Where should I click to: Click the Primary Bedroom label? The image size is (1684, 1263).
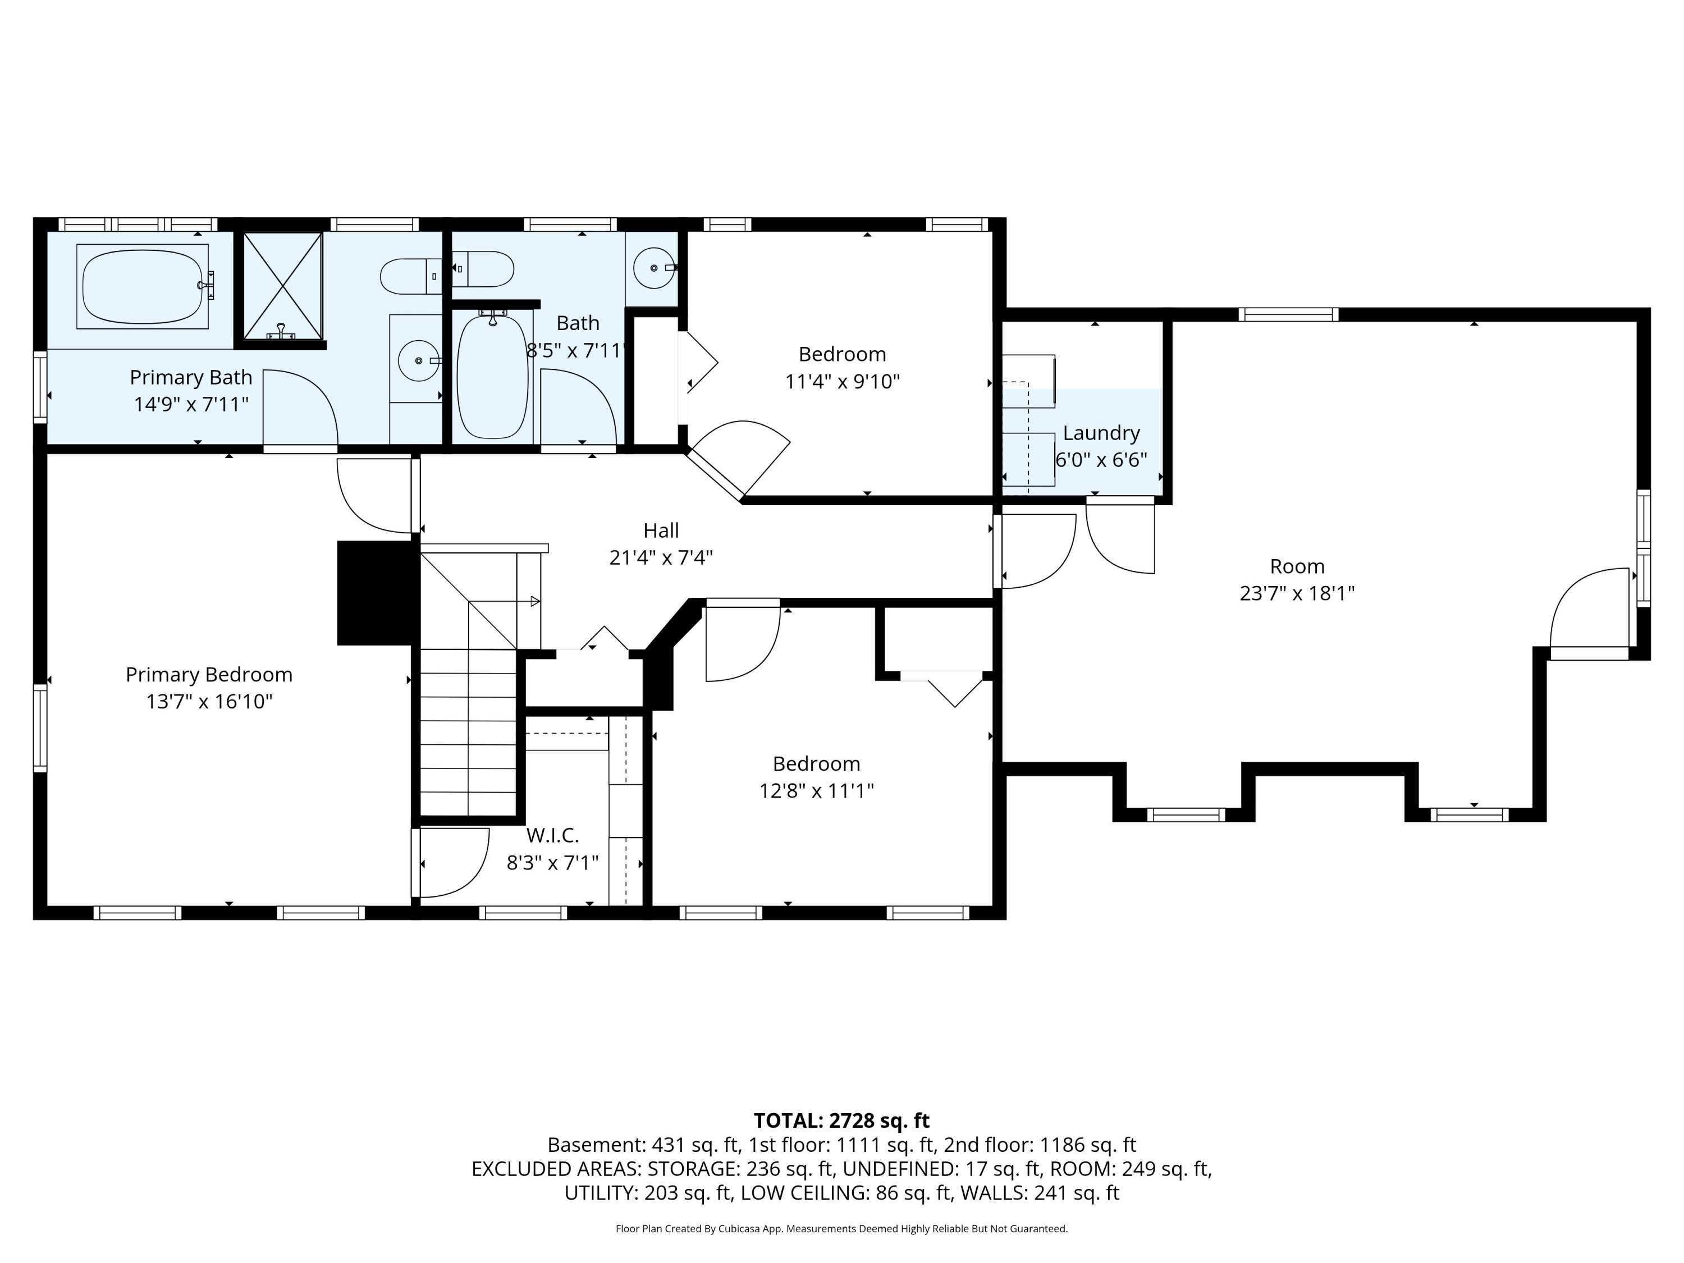point(209,675)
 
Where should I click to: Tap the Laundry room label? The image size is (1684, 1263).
point(1101,433)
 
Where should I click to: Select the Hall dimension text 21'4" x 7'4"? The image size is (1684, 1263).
point(661,558)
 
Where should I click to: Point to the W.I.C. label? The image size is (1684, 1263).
point(553,835)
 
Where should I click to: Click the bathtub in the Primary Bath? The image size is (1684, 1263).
point(143,286)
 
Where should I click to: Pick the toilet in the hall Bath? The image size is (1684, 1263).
point(483,269)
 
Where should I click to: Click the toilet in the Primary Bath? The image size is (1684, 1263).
point(411,276)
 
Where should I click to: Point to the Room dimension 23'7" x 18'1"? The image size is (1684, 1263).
point(1297,593)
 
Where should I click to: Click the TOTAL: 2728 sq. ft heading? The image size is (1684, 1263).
point(841,1120)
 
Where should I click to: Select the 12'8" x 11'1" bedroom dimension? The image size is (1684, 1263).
point(816,791)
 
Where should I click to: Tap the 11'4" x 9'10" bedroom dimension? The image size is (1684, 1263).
point(842,381)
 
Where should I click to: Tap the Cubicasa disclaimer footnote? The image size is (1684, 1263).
point(841,1229)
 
